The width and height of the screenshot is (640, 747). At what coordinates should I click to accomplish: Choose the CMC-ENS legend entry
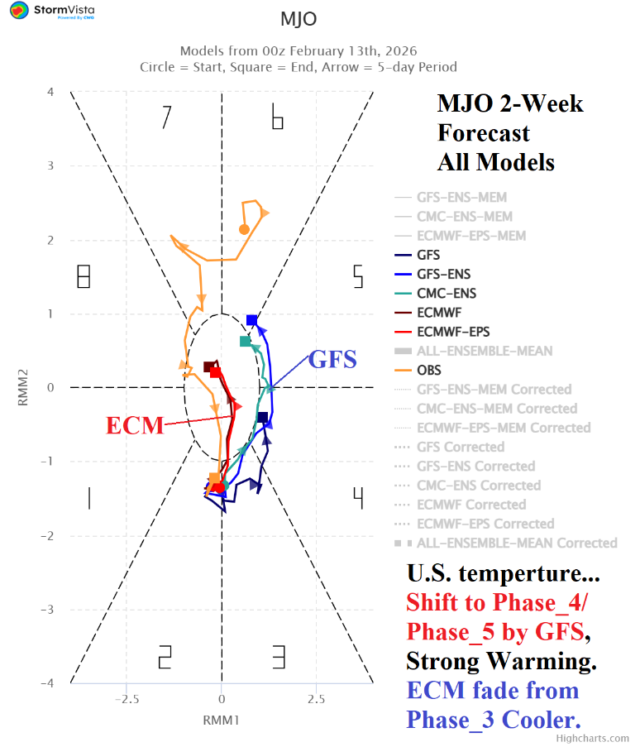point(446,293)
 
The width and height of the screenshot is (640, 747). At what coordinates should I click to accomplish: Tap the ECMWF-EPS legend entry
point(451,332)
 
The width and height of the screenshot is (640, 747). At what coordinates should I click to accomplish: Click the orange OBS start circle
point(244,229)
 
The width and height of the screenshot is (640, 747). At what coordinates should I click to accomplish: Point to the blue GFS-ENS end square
point(252,320)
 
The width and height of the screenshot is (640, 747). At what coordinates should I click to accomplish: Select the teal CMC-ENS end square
point(245,341)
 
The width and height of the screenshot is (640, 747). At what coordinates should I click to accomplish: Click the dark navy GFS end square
point(262,417)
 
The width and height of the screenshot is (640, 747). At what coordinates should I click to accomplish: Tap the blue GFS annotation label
point(332,360)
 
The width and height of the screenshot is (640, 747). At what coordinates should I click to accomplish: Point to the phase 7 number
point(166,117)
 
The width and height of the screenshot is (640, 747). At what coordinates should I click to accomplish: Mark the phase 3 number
point(279,658)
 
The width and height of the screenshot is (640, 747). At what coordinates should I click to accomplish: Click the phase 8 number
point(83,276)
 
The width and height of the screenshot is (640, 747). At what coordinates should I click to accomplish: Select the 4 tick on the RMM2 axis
point(50,92)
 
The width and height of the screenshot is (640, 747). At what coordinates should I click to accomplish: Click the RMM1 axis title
point(221,721)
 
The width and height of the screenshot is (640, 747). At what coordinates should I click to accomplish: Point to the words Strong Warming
point(501,662)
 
